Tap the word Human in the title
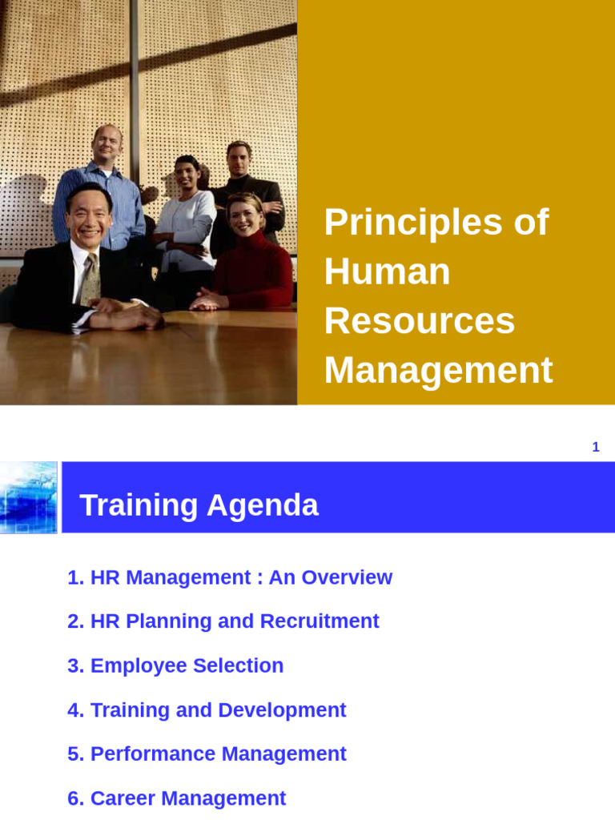coord(387,271)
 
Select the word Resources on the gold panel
coord(419,320)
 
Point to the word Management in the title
coord(438,370)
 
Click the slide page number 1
coord(595,448)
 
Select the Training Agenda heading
coord(199,505)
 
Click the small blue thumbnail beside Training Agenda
coord(28,497)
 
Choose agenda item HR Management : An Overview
coord(230,577)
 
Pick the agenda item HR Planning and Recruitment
coord(223,621)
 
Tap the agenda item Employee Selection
coord(175,665)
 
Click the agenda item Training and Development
coord(207,710)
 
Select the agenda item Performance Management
coord(207,754)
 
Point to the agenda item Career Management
coord(176,798)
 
